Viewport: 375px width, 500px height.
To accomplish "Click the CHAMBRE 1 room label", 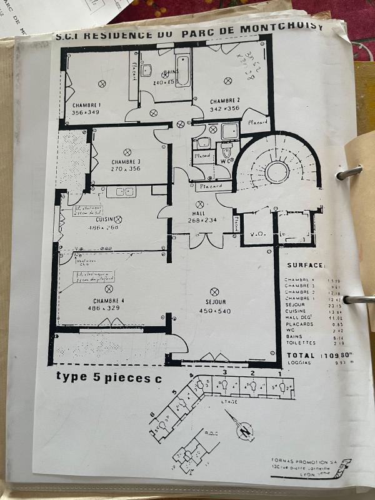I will pos(86,105).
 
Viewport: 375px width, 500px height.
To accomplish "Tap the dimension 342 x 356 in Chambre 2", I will pos(224,108).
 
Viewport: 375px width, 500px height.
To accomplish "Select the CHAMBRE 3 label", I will pos(126,161).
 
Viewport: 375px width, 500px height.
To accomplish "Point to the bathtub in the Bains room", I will pos(182,72).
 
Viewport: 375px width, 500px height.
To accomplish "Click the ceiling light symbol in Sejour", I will pos(214,291).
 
